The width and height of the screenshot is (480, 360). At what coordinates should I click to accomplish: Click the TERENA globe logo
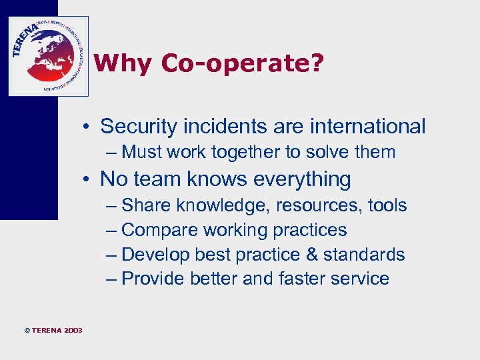coord(48,56)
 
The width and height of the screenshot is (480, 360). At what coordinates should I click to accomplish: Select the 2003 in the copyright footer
coord(73,331)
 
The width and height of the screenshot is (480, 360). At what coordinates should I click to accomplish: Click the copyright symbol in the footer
coord(27,331)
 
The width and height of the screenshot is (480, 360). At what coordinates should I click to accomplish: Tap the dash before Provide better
coord(111,279)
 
